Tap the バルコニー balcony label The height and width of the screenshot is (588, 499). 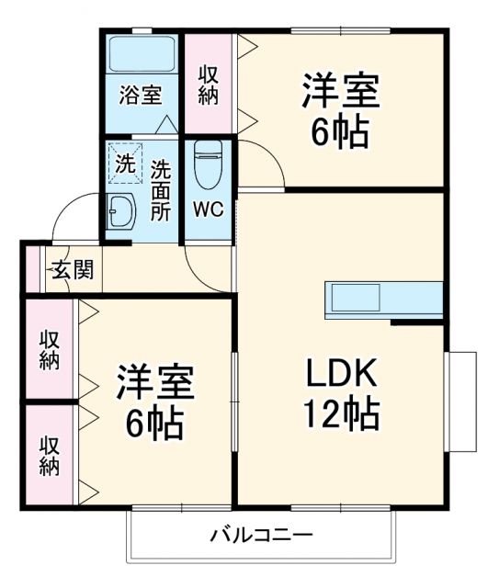262,534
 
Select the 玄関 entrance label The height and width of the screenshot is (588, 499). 71,271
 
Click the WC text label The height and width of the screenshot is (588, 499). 207,208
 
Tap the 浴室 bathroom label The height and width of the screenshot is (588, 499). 141,96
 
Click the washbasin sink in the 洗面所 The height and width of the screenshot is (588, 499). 121,213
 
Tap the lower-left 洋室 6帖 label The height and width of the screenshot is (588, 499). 154,401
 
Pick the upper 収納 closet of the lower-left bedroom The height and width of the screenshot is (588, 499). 49,349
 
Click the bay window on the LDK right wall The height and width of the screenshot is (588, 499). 462,401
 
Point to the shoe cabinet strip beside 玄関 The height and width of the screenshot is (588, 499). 31,271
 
